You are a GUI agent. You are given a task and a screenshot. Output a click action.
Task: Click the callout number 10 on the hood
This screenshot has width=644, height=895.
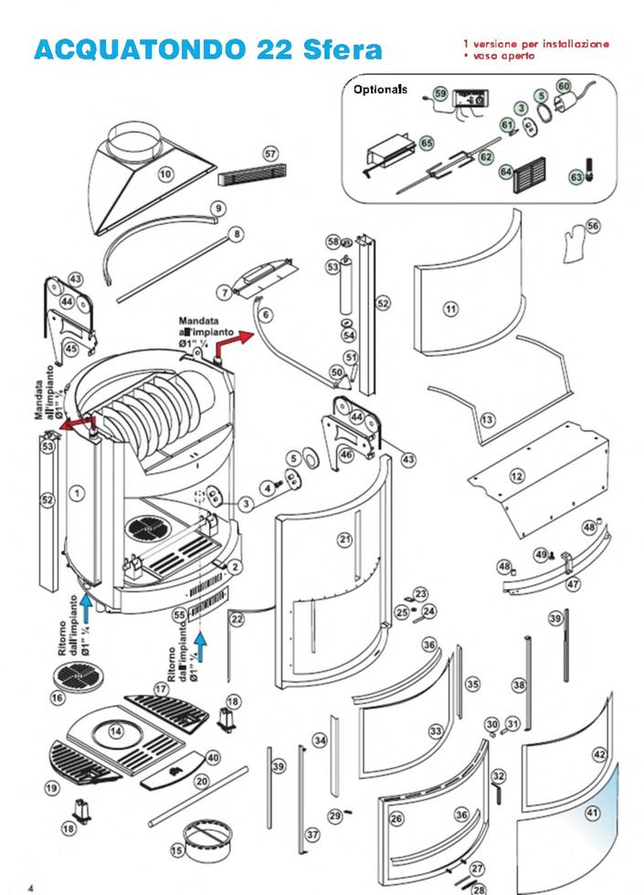coord(165,173)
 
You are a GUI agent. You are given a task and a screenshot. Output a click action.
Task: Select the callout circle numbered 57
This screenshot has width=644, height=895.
coord(270,154)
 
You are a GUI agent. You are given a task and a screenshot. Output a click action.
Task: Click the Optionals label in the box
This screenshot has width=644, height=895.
coord(380,91)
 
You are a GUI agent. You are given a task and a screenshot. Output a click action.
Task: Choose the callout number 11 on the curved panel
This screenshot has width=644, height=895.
coord(449,309)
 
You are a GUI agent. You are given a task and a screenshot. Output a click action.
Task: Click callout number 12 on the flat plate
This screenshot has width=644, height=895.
coord(517,475)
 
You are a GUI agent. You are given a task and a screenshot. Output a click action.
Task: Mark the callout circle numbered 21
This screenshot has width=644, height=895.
coord(344,539)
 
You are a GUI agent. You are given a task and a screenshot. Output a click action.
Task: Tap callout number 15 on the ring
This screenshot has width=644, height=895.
coord(177,850)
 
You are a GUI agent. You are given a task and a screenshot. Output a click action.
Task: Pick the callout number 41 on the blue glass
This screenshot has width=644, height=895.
coord(592,812)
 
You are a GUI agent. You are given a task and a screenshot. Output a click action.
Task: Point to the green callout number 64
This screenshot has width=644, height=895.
coord(506,170)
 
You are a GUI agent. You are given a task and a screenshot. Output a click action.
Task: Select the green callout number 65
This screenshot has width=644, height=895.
coord(427,143)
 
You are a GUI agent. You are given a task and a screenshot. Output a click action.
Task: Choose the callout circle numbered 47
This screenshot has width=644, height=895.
coord(574,581)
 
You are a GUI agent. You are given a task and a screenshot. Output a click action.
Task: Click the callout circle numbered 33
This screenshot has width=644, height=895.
coord(436,731)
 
